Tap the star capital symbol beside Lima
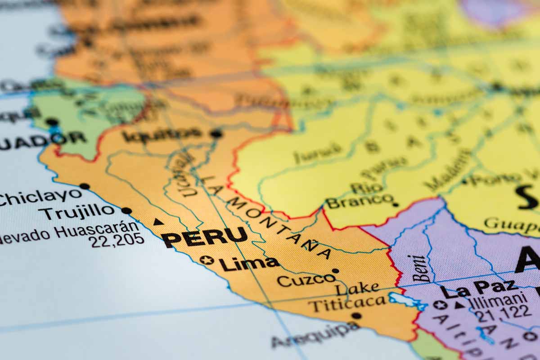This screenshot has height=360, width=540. coord(207,260)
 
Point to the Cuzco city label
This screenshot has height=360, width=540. coord(306,280)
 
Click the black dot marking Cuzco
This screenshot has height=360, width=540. coord(335,271)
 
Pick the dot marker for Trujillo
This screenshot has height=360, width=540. coord(126,211)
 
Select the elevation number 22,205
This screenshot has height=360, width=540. coord(116,241)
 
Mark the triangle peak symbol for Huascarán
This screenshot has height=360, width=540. coord(158,222)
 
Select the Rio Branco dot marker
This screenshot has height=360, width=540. coord(395,204)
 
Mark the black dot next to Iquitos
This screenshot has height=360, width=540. coord(216,133)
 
